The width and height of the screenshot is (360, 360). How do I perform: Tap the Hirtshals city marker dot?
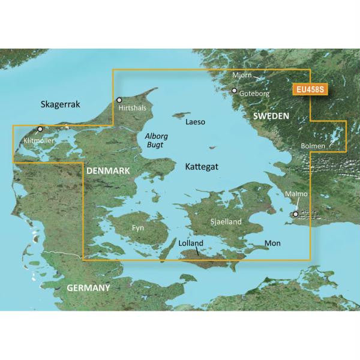click(119, 100)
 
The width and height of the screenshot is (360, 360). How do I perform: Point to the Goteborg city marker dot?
click(235, 91)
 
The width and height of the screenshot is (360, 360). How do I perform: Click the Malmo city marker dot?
click(295, 214)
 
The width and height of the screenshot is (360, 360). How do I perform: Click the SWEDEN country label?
click(271, 115)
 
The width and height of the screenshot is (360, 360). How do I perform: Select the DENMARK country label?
click(109, 172)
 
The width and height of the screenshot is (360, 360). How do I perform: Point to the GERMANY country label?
click(88, 288)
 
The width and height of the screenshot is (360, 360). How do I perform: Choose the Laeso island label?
click(196, 122)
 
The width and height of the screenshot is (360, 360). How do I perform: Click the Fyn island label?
click(139, 229)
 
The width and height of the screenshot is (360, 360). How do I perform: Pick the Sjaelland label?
click(226, 222)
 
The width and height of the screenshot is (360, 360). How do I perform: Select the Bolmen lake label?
click(314, 146)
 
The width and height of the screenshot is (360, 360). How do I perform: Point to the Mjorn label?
click(241, 76)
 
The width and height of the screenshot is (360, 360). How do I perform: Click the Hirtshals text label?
click(133, 108)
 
